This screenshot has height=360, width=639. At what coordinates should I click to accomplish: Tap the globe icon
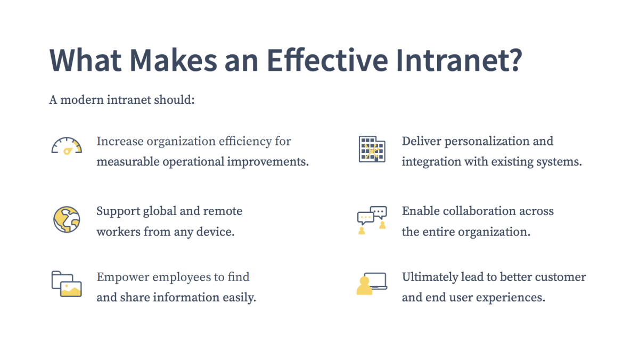[x=67, y=219]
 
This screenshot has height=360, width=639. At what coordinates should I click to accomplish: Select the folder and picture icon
[x=67, y=284]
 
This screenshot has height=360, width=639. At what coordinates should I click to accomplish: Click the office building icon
[x=372, y=149]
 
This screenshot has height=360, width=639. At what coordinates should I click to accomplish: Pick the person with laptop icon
[x=372, y=283]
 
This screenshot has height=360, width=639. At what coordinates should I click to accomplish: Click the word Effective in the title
[x=327, y=61]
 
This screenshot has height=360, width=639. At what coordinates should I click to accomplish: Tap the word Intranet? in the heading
[x=459, y=61]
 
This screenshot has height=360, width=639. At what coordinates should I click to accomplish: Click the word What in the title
[x=85, y=61]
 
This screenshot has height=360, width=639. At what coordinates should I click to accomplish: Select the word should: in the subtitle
[x=174, y=100]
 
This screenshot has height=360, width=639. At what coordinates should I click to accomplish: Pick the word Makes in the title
[x=174, y=61]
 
